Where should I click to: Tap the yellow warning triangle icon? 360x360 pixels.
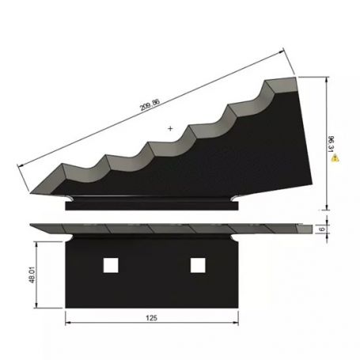(336, 158)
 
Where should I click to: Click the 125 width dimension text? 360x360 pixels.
(151, 317)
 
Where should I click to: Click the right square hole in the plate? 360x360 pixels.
(196, 265)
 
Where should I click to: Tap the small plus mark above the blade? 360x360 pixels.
(170, 127)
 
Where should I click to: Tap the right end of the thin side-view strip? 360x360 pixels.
(312, 229)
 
